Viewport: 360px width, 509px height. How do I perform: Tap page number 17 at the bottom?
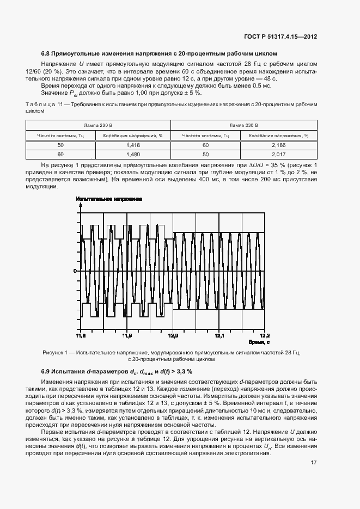pos(313,463)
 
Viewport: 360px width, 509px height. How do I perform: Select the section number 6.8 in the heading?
pos(46,53)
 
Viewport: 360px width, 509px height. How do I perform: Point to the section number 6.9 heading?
pos(46,371)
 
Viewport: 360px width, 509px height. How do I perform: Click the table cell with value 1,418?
pos(133,145)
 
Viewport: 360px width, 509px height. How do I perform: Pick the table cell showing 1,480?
pos(133,154)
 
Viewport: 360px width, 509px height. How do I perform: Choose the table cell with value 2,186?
pos(278,145)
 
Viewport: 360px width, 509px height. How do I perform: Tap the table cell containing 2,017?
pos(278,154)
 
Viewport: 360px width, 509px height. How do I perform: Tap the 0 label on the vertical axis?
pos(76,271)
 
